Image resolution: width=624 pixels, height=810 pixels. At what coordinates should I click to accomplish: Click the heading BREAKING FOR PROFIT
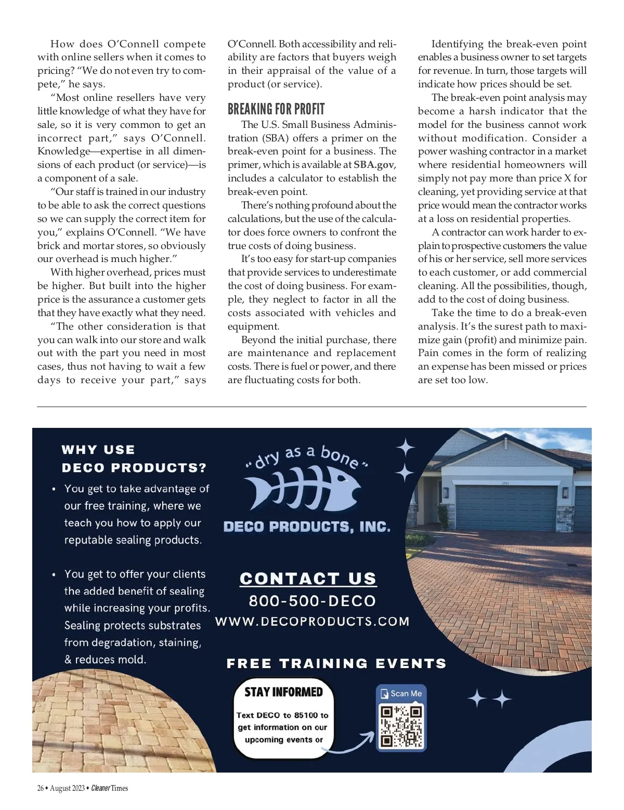tap(276, 109)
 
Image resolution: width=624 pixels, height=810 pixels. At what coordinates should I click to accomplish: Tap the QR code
tap(401, 725)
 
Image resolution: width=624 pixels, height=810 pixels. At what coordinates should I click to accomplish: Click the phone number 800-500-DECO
tap(312, 601)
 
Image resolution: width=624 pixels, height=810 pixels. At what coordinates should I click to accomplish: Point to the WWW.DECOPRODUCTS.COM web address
tap(312, 622)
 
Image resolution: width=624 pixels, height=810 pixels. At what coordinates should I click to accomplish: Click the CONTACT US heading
tap(308, 579)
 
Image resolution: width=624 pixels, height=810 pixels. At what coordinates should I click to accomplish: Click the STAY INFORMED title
tap(283, 692)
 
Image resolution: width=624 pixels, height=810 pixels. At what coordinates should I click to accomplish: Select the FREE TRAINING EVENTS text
tap(336, 664)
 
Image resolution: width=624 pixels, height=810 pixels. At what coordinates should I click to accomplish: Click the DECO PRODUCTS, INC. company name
tap(307, 527)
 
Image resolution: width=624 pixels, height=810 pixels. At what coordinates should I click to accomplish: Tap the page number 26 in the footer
tap(40, 788)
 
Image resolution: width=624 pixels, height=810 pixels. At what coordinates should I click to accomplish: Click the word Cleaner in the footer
tap(100, 788)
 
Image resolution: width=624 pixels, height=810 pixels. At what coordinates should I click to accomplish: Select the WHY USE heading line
tap(98, 450)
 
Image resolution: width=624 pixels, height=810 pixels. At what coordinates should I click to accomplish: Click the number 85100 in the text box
tap(306, 715)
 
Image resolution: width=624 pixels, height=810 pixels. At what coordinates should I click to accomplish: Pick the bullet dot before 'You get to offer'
tap(54, 574)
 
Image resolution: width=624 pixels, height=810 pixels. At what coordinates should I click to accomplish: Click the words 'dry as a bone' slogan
tap(307, 455)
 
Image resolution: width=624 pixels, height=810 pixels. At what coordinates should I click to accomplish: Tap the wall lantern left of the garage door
tap(446, 492)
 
